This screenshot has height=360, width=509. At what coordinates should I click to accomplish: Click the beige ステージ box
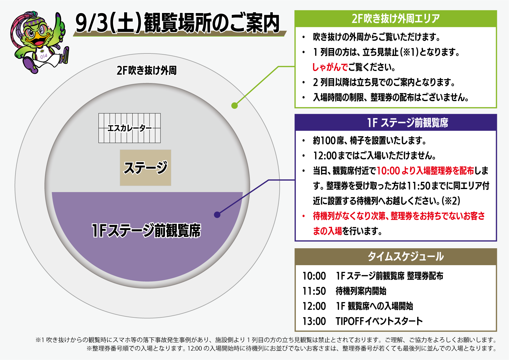[145, 168]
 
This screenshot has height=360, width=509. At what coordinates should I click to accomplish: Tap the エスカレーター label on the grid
[130, 128]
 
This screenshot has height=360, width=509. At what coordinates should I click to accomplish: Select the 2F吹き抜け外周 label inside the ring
[147, 70]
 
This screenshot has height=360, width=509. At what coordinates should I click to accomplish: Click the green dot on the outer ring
[234, 106]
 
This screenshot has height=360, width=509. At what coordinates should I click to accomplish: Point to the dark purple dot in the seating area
[217, 215]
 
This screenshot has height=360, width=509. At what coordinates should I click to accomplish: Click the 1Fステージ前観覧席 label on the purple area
[146, 230]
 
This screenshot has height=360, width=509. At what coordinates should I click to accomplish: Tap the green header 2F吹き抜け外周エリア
[396, 19]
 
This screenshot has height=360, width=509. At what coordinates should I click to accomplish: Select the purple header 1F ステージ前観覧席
[408, 123]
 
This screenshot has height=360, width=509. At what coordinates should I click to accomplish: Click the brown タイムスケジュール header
[406, 257]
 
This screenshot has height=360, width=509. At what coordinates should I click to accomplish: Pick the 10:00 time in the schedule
[314, 276]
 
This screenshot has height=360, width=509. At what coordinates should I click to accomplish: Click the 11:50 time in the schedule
[314, 291]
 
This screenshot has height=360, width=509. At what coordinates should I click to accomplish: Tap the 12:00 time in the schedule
[314, 306]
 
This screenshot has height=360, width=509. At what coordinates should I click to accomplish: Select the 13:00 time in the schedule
[314, 321]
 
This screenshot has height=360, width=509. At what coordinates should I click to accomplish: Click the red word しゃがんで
[330, 67]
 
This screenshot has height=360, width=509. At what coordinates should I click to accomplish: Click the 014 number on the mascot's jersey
[43, 56]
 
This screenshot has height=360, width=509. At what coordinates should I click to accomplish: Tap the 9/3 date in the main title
[91, 23]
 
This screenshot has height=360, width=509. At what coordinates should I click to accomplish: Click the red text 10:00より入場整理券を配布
[425, 171]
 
